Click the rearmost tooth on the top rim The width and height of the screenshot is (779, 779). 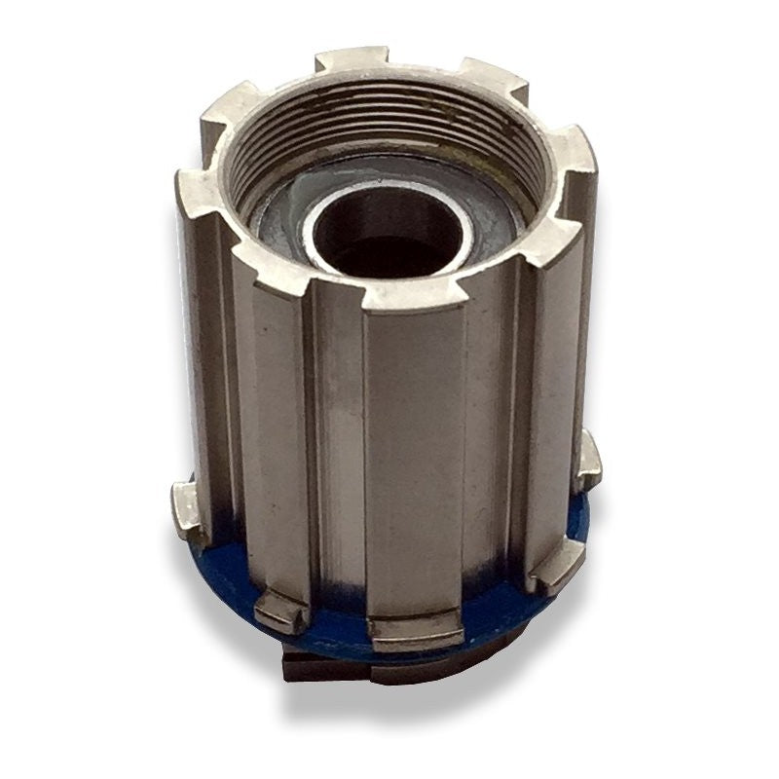[351, 60]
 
